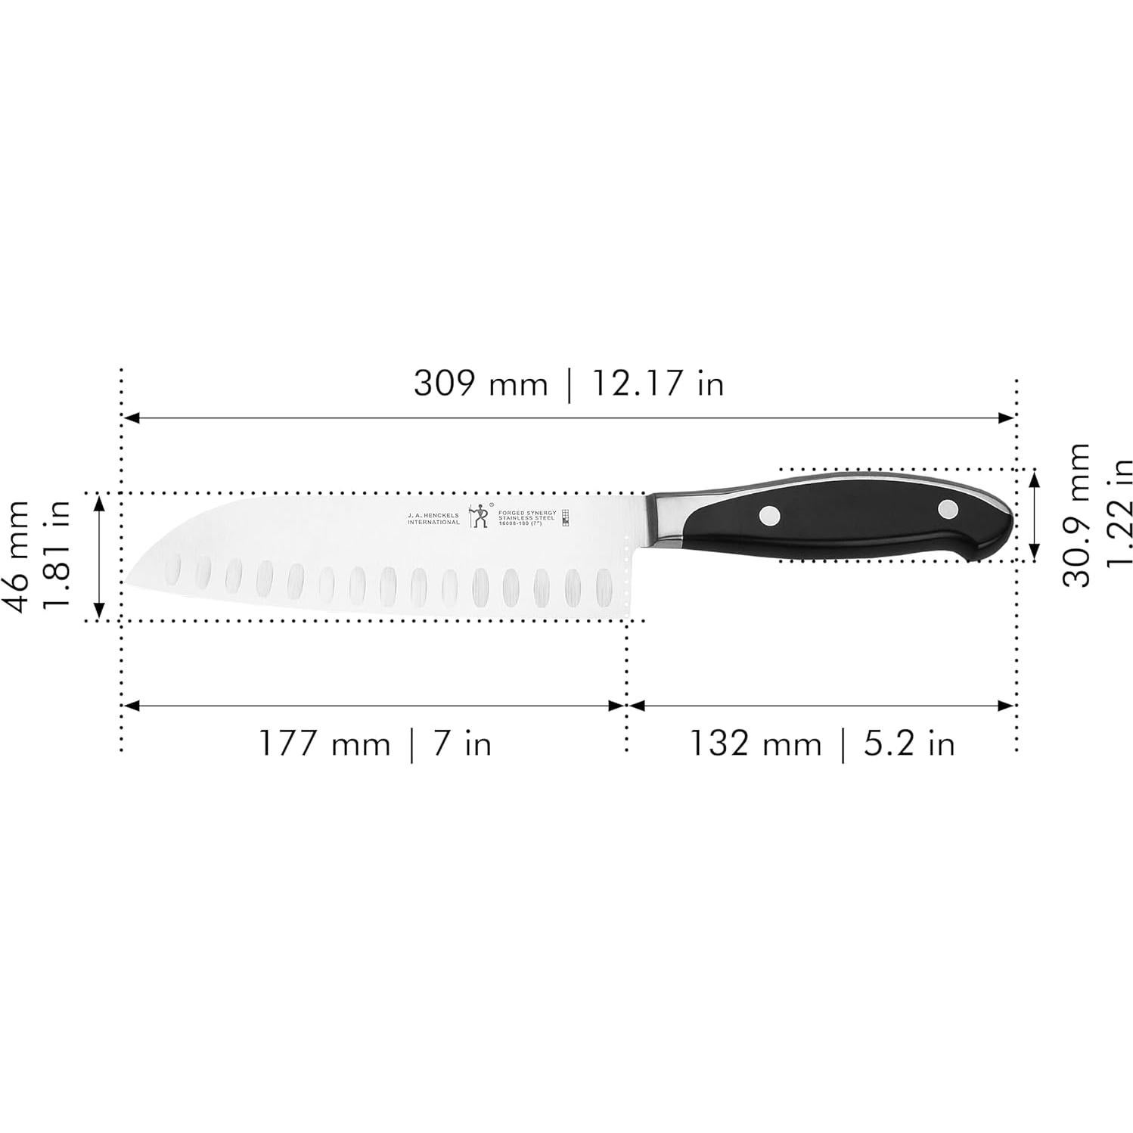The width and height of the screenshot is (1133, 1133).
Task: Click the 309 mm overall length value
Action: coord(480,383)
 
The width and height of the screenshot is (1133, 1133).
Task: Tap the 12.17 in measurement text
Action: coord(657,383)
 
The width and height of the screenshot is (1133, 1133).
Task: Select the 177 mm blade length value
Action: coord(324,743)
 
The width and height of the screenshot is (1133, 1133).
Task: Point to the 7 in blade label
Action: coord(462,743)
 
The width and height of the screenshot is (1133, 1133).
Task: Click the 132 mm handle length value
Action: coord(754,743)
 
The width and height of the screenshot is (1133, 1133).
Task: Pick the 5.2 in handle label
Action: coord(908,743)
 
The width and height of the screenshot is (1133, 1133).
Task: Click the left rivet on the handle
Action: coord(770,515)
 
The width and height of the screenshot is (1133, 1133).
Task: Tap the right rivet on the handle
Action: coord(948,509)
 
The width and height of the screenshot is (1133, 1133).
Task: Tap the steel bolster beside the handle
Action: coord(667,519)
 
